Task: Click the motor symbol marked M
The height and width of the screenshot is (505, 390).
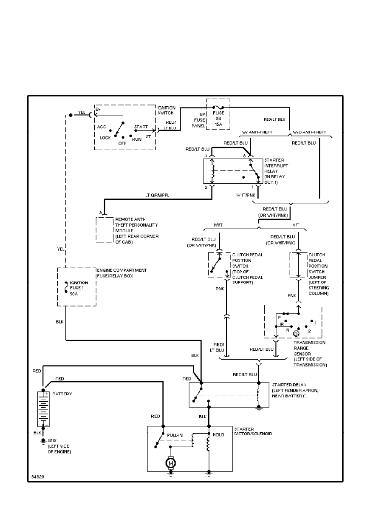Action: coord(170,462)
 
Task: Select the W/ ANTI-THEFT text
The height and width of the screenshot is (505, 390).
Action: coord(257,132)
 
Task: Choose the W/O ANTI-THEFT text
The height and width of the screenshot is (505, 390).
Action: coord(309,132)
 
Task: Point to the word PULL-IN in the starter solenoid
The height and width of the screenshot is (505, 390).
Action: coord(175,435)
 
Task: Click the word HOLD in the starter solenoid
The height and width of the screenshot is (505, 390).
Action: coord(218,435)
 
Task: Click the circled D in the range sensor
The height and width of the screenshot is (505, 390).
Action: coord(296,334)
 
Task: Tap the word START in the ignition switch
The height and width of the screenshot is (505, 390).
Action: coord(141,127)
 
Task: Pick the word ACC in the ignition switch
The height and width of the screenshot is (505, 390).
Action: coord(102,127)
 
